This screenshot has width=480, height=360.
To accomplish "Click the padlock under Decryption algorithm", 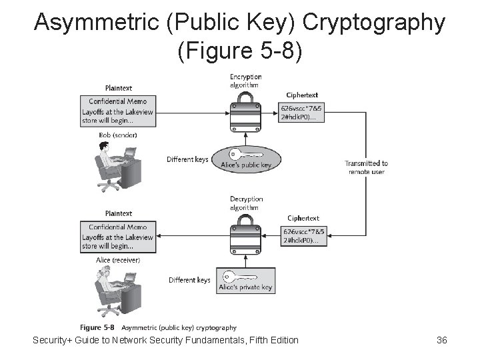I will pos(245,236).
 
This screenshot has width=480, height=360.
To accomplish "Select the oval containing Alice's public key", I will pos(247,159).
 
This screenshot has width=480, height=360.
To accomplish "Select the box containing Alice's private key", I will pos(247,281).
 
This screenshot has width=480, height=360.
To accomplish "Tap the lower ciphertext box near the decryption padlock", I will pos(303,236).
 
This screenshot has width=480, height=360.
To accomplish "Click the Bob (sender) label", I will pos(118,135).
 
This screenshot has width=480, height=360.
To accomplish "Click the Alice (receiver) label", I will pos(118,259).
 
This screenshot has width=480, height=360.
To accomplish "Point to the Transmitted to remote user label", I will pos(366,167).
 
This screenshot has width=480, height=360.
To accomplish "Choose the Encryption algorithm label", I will pos(245,81).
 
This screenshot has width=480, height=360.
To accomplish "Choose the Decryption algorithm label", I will pos(246,203).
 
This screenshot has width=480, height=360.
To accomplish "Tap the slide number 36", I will pos(441,341).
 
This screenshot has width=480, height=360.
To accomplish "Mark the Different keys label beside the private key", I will pos(189,280).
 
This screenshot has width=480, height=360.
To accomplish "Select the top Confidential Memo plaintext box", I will pos(118,107).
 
